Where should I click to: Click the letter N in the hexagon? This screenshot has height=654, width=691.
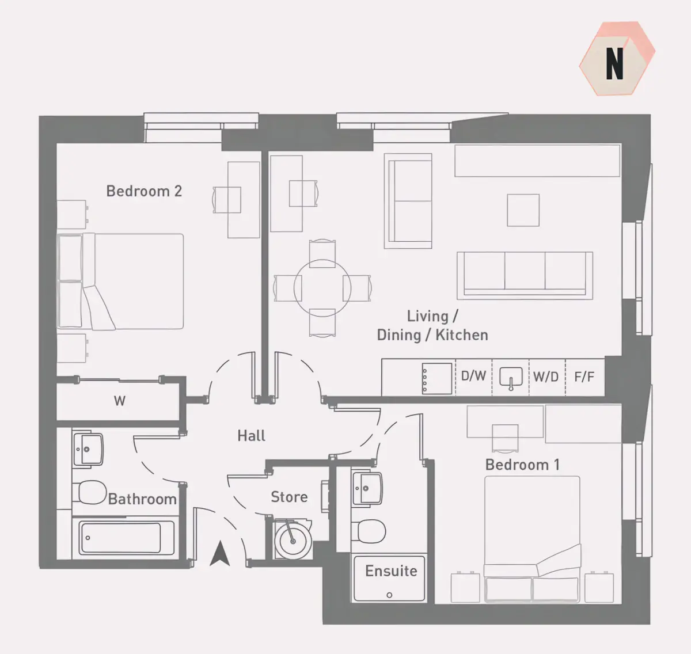click(614, 63)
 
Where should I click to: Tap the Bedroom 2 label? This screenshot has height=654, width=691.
click(144, 191)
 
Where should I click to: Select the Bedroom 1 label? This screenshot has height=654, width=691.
click(522, 465)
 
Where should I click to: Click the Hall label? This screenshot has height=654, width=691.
click(251, 436)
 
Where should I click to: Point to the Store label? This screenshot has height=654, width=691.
click(289, 497)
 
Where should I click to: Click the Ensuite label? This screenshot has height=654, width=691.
click(391, 571)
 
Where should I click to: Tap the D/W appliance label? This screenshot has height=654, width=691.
click(473, 376)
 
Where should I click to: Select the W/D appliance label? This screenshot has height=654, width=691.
click(545, 377)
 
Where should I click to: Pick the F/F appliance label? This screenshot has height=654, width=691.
click(584, 377)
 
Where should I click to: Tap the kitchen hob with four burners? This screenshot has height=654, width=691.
click(437, 378)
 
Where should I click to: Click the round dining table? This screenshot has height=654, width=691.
click(322, 288)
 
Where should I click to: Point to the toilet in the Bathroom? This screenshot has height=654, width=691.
click(90, 492)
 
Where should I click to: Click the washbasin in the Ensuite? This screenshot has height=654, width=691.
click(367, 488)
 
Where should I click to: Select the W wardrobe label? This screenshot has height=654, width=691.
click(120, 401)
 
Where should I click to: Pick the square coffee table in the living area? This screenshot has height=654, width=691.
click(523, 210)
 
